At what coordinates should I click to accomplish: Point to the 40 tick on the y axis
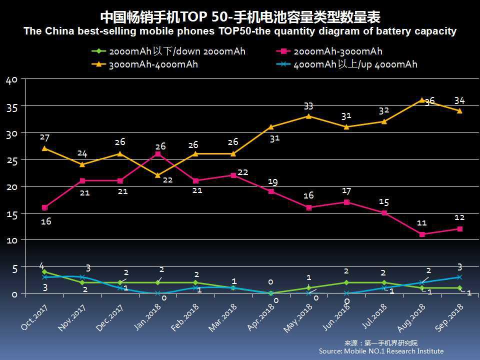pos(12,80)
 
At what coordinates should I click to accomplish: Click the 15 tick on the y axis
pos(12,214)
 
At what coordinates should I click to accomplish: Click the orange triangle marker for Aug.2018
pos(422,100)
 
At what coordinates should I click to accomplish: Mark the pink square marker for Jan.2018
pos(157,154)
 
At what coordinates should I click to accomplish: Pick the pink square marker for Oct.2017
pos(44,207)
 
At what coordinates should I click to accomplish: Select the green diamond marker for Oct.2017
pos(44,272)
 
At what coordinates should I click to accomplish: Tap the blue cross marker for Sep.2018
pos(459,277)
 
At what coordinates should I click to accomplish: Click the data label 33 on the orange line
pos(308,106)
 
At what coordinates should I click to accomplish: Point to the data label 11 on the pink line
pos(422,223)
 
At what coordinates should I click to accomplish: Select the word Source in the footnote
pos(330,351)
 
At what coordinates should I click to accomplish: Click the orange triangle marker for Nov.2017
pos(82,164)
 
